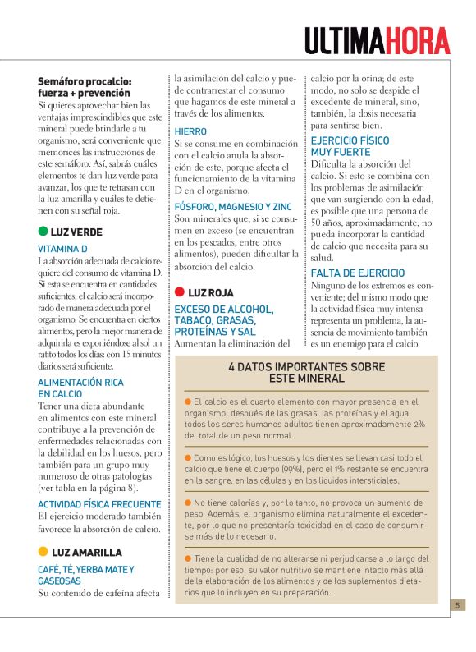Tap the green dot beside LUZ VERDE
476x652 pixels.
(43, 232)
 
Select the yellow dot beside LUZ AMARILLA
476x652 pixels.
(43, 552)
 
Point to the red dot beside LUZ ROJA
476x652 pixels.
(180, 292)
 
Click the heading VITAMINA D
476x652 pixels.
(62, 248)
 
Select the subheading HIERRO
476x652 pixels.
(190, 131)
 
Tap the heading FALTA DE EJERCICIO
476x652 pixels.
(358, 273)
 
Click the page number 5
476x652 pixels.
(458, 605)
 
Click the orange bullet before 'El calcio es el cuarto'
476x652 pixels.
(188, 402)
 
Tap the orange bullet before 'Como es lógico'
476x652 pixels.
(188, 457)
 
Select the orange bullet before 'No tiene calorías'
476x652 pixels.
(188, 502)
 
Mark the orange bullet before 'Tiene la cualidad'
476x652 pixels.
(188, 558)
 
